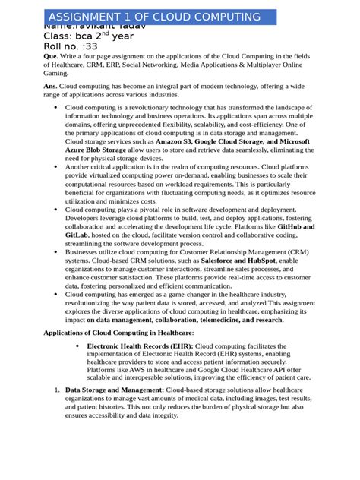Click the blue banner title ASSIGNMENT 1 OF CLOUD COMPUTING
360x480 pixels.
[x=154, y=17]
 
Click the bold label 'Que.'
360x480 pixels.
[x=51, y=57]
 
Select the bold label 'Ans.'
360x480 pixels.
[x=51, y=87]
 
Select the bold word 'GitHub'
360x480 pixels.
[x=292, y=227]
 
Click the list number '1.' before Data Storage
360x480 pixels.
[x=57, y=390]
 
